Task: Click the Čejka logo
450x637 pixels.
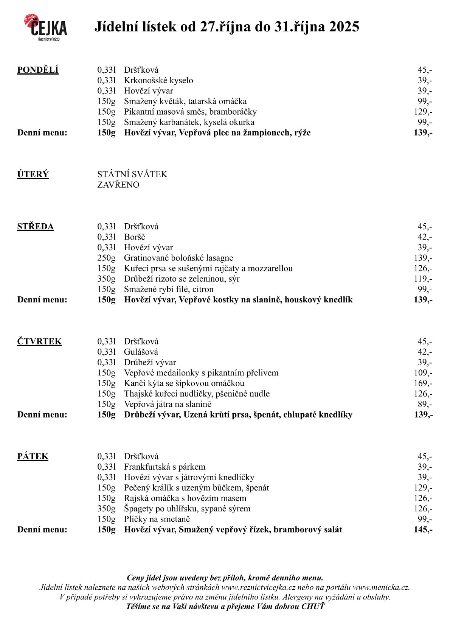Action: coord(46,27)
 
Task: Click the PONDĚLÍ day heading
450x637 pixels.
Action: coord(38,70)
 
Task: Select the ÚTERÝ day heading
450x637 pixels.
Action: coord(33,174)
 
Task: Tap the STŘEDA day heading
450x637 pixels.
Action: coord(36,227)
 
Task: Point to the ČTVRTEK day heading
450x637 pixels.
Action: coord(39,341)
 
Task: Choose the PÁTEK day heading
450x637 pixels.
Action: coord(33,456)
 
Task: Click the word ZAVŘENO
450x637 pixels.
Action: coord(118,185)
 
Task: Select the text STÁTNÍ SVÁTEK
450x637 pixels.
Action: coord(132,174)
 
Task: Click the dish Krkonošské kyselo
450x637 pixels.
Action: coord(158,81)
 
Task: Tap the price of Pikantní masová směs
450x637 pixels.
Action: coord(423,112)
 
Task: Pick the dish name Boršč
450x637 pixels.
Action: coord(134,237)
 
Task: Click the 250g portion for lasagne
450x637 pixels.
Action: coord(106,258)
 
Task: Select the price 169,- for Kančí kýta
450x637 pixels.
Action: coord(423,383)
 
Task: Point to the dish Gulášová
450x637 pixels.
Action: coord(141,352)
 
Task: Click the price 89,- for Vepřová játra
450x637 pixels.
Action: coord(425,404)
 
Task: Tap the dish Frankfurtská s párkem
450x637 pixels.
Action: coord(164,467)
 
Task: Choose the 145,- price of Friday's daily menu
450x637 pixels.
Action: coord(423,530)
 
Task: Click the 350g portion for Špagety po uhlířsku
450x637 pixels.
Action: coord(106,509)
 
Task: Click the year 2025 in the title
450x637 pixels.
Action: coord(344,27)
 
